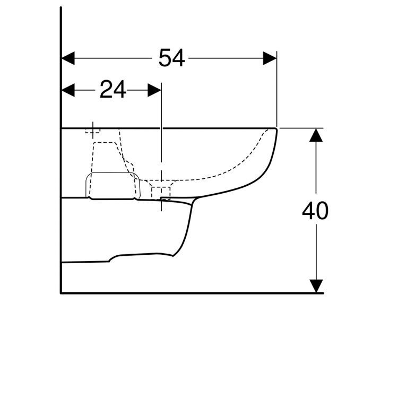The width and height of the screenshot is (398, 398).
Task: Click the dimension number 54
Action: pos(172,58)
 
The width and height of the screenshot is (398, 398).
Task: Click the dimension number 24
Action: pos(113,90)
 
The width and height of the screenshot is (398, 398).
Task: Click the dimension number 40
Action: pos(315,211)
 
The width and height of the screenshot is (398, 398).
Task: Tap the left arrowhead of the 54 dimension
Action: pos(68,58)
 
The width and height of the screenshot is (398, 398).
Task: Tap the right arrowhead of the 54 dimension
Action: pos(270,58)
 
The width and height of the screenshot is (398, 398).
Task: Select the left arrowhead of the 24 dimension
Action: pos(68,90)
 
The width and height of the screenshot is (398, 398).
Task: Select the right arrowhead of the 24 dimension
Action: pos(154,90)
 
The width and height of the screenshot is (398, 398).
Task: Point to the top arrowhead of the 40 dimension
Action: pos(316,135)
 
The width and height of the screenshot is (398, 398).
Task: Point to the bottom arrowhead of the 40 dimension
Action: pos(316,286)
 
